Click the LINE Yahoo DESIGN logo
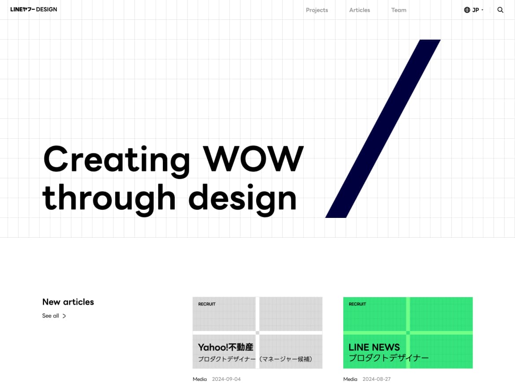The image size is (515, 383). tap(33, 10)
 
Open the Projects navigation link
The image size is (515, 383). tap(317, 10)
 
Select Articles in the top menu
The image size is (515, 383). tap(360, 10)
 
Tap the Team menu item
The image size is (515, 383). tap(399, 10)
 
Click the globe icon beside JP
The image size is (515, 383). tap(467, 10)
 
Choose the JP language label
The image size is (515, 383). tap(475, 10)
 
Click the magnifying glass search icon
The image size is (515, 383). tap(500, 10)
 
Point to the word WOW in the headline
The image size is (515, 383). tap(253, 159)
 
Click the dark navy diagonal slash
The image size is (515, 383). tap(383, 129)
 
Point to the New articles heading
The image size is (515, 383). tap(68, 302)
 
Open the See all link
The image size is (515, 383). tap(54, 316)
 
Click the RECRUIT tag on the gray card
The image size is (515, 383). tap(207, 304)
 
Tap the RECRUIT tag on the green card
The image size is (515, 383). tap(357, 304)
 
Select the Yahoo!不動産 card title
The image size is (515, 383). tap(226, 347)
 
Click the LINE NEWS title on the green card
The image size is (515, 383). tap(374, 347)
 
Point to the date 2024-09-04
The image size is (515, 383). tap(226, 379)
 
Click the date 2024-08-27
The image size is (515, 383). tap(377, 379)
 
